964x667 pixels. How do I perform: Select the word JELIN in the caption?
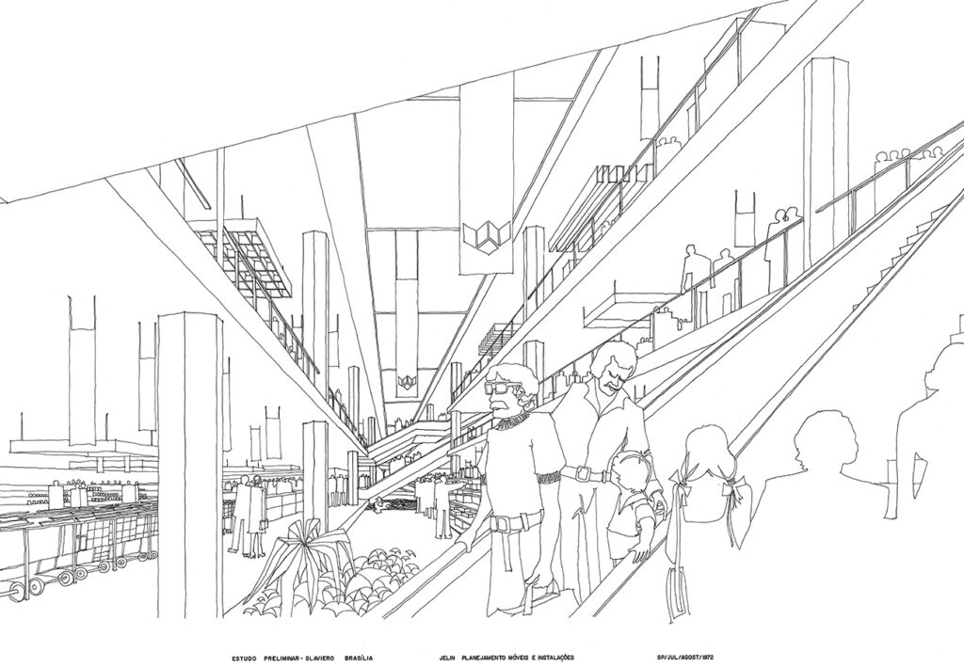(x=446, y=658)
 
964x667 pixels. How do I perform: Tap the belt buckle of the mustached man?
(x=581, y=473)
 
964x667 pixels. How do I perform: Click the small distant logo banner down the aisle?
(x=404, y=383)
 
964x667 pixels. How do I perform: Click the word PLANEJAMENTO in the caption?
(x=490, y=658)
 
